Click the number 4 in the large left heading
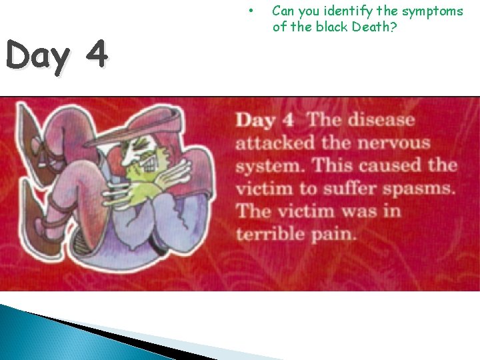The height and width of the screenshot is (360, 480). click(x=96, y=55)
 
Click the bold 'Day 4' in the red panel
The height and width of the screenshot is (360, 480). click(x=265, y=121)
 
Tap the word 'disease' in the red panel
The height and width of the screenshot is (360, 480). click(x=381, y=121)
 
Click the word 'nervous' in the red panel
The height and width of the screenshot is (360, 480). click(x=393, y=143)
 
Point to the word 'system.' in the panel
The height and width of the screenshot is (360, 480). click(x=269, y=166)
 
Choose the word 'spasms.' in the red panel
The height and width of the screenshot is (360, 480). click(x=422, y=189)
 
